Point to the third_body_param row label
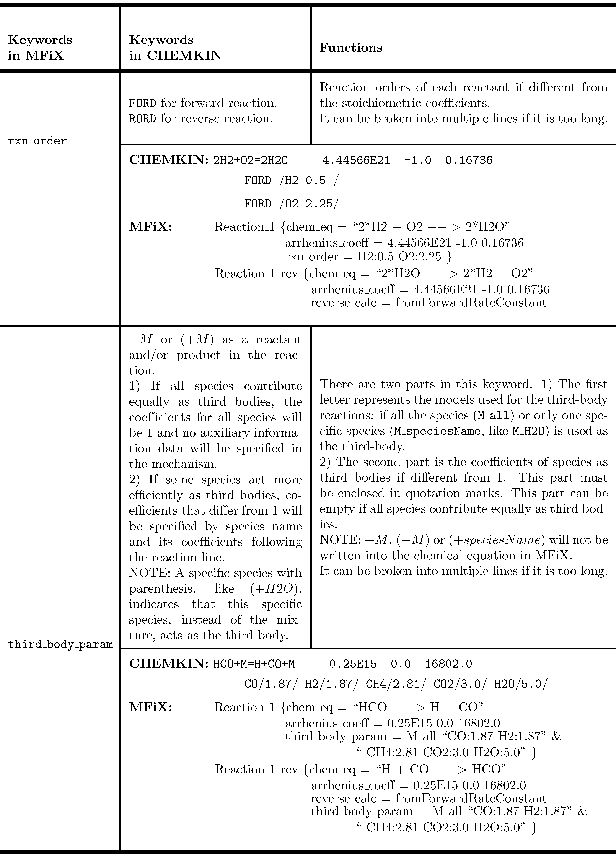60,644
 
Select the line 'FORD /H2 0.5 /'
291,180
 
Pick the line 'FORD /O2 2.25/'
291,204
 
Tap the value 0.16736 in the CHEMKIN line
469,160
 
